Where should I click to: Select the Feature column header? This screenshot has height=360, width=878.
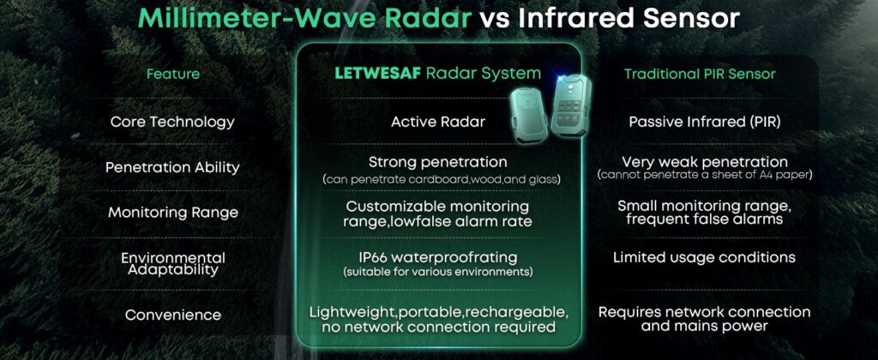[173, 74]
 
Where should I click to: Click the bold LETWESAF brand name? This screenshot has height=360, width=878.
[377, 74]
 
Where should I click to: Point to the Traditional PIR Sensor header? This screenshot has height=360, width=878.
[700, 74]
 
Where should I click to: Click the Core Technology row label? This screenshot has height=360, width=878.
[172, 122]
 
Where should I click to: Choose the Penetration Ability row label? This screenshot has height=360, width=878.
[172, 167]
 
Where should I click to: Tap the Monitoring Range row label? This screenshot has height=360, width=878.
[173, 213]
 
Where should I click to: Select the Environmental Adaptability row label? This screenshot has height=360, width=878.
[173, 264]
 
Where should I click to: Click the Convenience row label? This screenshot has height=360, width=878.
[173, 315]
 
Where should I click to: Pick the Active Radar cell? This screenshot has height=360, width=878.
[438, 122]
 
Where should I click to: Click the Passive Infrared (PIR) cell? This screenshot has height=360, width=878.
[705, 122]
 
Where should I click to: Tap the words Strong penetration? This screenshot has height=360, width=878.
[438, 163]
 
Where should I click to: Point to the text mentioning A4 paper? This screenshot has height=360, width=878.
[705, 175]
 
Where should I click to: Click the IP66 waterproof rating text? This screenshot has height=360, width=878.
[438, 258]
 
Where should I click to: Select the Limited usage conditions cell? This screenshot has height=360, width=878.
[705, 257]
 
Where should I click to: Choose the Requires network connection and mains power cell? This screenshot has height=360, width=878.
[705, 319]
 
